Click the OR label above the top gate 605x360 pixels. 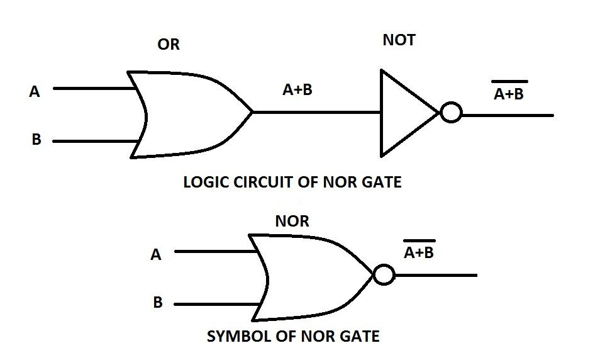(x=168, y=45)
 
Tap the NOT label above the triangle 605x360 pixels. (x=399, y=40)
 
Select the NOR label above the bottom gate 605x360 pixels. (x=292, y=222)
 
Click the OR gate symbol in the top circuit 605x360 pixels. (x=189, y=113)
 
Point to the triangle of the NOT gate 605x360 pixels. (x=402, y=113)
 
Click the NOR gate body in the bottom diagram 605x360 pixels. (x=308, y=277)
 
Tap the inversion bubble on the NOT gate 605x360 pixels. (x=451, y=113)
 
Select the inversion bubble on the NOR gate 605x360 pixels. (x=384, y=275)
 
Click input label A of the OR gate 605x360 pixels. (x=35, y=92)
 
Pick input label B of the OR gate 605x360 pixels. (x=36, y=140)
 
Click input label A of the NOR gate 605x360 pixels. (x=156, y=255)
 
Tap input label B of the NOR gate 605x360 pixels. (x=158, y=303)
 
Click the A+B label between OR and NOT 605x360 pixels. (x=297, y=90)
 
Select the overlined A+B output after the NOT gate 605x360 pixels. (x=509, y=93)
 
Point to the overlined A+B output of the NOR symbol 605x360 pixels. (x=419, y=252)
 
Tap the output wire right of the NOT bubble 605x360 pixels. (x=507, y=115)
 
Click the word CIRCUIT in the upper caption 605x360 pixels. (x=262, y=183)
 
